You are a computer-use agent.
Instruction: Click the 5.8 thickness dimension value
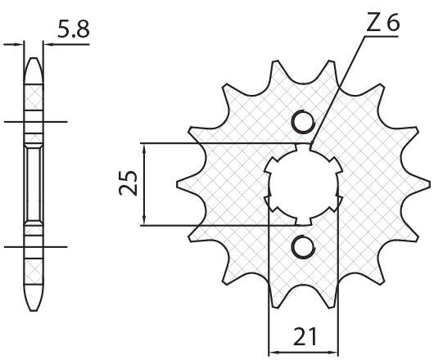point(74,29)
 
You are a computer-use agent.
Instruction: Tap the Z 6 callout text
point(383,22)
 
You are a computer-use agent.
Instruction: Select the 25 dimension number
point(128,182)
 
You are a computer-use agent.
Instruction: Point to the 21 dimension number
point(305,337)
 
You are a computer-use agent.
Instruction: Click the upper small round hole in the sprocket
point(304,122)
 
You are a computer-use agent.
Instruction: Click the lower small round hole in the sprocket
point(303,246)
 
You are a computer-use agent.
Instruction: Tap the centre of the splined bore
point(303,184)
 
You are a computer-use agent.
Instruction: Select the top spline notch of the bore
point(304,147)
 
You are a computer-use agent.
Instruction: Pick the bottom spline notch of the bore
point(303,221)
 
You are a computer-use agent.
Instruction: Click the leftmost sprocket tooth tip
point(178,184)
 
